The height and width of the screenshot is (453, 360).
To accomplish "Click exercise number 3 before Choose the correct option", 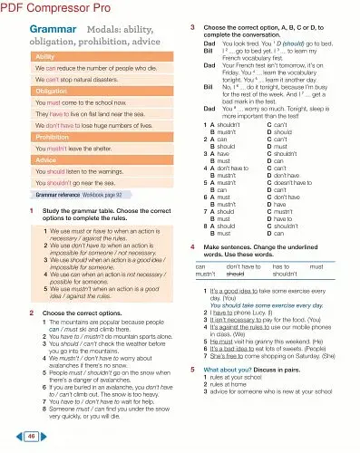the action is pyautogui.click(x=193, y=28).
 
